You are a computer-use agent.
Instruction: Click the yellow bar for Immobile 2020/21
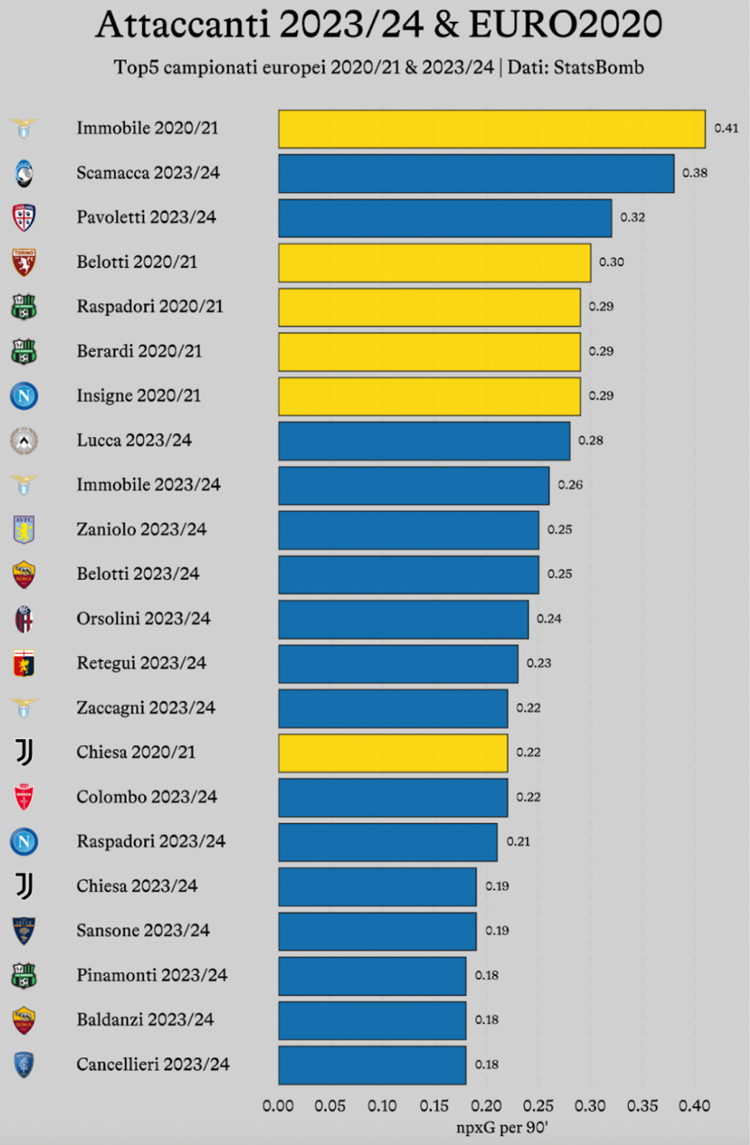pyautogui.click(x=492, y=129)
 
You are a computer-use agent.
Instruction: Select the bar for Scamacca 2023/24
pyautogui.click(x=476, y=174)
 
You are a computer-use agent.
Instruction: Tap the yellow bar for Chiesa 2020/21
pyautogui.click(x=393, y=753)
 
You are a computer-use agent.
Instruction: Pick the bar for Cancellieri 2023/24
pyautogui.click(x=372, y=1065)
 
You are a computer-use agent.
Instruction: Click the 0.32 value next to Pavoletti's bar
pyautogui.click(x=632, y=217)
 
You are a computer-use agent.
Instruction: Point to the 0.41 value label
pyautogui.click(x=726, y=128)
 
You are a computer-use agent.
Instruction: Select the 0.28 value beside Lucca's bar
pyautogui.click(x=591, y=440)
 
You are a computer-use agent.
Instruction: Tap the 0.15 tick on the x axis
pyautogui.click(x=434, y=1105)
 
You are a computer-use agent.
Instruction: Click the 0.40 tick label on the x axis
pyautogui.click(x=694, y=1105)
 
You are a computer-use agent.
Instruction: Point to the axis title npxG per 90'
pyautogui.click(x=502, y=1128)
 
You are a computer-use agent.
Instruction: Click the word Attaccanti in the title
pyautogui.click(x=182, y=24)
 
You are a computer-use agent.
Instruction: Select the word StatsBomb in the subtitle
pyautogui.click(x=598, y=67)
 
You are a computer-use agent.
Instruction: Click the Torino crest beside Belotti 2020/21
pyautogui.click(x=24, y=262)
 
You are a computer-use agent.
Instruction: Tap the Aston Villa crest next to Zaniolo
pyautogui.click(x=24, y=530)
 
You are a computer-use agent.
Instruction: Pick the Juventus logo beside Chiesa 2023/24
pyautogui.click(x=24, y=886)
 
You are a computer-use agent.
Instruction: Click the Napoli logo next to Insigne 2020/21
pyautogui.click(x=24, y=396)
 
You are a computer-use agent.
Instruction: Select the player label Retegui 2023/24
pyautogui.click(x=141, y=663)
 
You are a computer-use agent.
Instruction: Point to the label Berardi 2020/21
pyautogui.click(x=139, y=351)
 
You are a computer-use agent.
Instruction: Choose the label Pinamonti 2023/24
pyautogui.click(x=152, y=975)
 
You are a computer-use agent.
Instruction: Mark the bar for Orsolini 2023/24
pyautogui.click(x=403, y=619)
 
